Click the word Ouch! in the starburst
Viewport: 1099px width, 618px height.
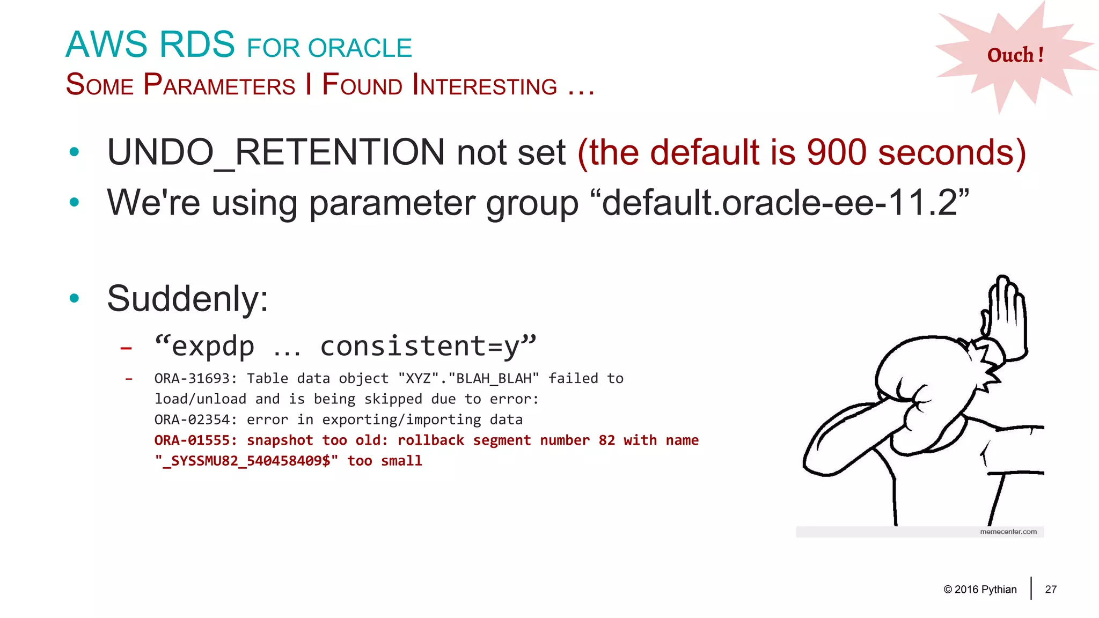pyautogui.click(x=1015, y=55)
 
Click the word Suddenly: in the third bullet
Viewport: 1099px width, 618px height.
pyautogui.click(x=187, y=299)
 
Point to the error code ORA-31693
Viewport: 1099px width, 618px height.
pyautogui.click(x=195, y=379)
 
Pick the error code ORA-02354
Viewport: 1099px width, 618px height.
pyautogui.click(x=195, y=420)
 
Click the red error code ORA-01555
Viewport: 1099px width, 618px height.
pyautogui.click(x=195, y=440)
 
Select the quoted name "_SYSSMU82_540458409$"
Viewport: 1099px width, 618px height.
pyautogui.click(x=246, y=461)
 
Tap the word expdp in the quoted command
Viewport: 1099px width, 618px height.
pyautogui.click(x=213, y=346)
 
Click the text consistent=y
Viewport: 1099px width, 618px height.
pyautogui.click(x=420, y=346)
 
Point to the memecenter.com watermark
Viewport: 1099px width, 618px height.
pyautogui.click(x=1008, y=532)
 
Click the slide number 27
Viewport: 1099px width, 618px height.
pyautogui.click(x=1051, y=590)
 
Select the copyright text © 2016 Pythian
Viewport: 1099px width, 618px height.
pyautogui.click(x=980, y=590)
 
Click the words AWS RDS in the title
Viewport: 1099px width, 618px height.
pyautogui.click(x=150, y=45)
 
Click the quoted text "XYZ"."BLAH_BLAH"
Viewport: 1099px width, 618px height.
pyautogui.click(x=468, y=379)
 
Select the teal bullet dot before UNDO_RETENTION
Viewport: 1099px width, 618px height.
pyautogui.click(x=75, y=152)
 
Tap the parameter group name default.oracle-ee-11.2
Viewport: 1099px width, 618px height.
pyautogui.click(x=780, y=203)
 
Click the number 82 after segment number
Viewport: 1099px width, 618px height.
pyautogui.click(x=606, y=440)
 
